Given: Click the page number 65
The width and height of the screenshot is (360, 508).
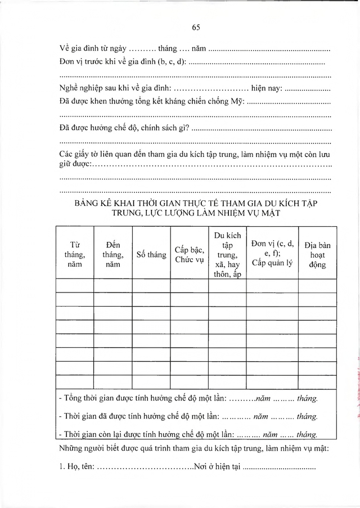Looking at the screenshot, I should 196,27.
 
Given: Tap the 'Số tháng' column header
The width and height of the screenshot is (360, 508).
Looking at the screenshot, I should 151,254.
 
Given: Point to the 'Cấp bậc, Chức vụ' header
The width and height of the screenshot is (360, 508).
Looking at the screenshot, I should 189,254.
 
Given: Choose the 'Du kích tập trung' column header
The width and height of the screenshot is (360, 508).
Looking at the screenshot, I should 227,254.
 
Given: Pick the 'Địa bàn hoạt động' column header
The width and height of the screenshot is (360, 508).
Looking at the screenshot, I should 317,254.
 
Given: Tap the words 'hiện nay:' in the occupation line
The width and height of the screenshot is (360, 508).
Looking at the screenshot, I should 267,88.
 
